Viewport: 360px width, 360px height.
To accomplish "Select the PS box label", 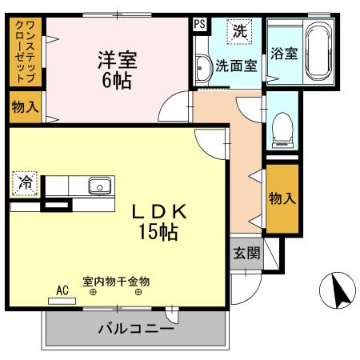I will point(199,23).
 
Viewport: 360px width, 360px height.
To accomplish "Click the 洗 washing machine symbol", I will point(239,32).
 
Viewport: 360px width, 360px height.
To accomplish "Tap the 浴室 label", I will point(284,54).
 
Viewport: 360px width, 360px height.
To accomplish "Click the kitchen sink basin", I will point(99,186).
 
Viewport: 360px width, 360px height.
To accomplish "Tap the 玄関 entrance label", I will point(246,254).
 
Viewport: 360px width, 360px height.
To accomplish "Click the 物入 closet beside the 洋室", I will point(25,106).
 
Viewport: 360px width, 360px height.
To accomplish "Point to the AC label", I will point(62,290).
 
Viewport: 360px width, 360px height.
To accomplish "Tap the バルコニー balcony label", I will point(134,329).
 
